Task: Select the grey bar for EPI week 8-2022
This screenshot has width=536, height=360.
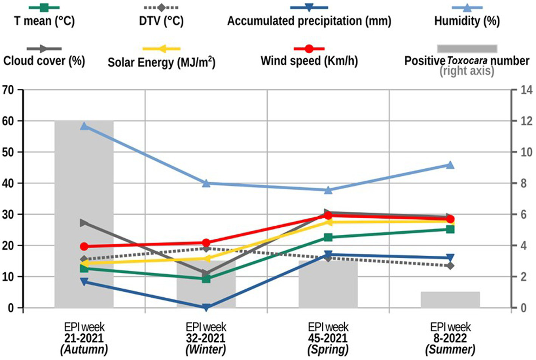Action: point(450,299)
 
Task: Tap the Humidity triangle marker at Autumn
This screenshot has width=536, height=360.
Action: point(84,126)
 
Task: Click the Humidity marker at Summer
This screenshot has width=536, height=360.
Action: point(450,165)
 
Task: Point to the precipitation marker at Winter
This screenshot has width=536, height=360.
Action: point(206,307)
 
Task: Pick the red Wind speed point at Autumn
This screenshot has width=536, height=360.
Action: point(84,247)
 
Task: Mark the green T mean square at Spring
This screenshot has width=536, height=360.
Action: point(328,237)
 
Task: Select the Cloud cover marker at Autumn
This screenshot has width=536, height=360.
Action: point(84,223)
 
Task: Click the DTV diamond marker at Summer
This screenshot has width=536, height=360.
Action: point(450,266)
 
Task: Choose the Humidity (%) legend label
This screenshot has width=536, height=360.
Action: point(467,21)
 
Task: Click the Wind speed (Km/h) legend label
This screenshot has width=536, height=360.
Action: point(309,61)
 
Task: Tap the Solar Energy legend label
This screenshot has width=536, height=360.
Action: point(161,62)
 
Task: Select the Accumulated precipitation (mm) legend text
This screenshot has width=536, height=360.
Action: point(309,21)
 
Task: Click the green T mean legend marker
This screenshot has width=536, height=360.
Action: point(44,7)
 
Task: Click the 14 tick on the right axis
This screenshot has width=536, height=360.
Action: point(526,90)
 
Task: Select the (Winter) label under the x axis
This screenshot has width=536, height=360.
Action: point(206,349)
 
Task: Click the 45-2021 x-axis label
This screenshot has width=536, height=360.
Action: point(328,338)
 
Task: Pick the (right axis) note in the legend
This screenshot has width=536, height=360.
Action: point(467,71)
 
